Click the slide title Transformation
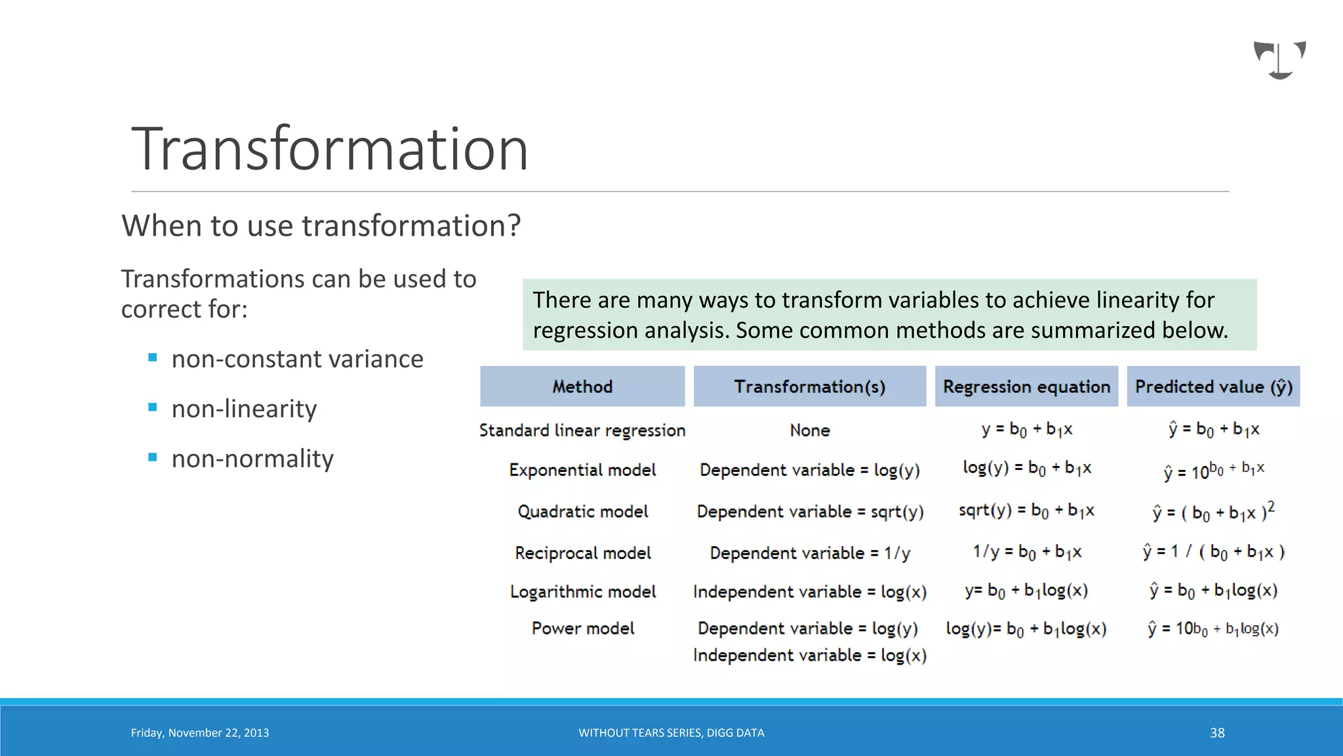pyautogui.click(x=330, y=150)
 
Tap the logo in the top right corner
pyautogui.click(x=1279, y=60)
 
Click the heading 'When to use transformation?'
pyautogui.click(x=321, y=226)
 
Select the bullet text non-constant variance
pyautogui.click(x=297, y=360)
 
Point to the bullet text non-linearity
pyautogui.click(x=244, y=409)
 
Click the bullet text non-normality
pyautogui.click(x=252, y=459)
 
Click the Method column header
pyautogui.click(x=582, y=387)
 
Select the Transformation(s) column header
pyautogui.click(x=810, y=387)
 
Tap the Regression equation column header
pyautogui.click(x=1026, y=387)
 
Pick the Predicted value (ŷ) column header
pyautogui.click(x=1213, y=387)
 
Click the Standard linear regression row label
pyautogui.click(x=582, y=430)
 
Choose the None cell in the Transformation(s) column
pyautogui.click(x=810, y=430)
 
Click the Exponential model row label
pyautogui.click(x=582, y=470)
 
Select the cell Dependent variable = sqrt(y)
pyautogui.click(x=810, y=512)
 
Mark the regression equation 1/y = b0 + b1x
pyautogui.click(x=1027, y=552)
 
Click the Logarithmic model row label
pyautogui.click(x=582, y=592)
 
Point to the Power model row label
pyautogui.click(x=582, y=629)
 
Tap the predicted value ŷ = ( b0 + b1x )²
pyautogui.click(x=1213, y=512)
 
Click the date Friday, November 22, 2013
pyautogui.click(x=200, y=733)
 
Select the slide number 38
pyautogui.click(x=1217, y=733)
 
